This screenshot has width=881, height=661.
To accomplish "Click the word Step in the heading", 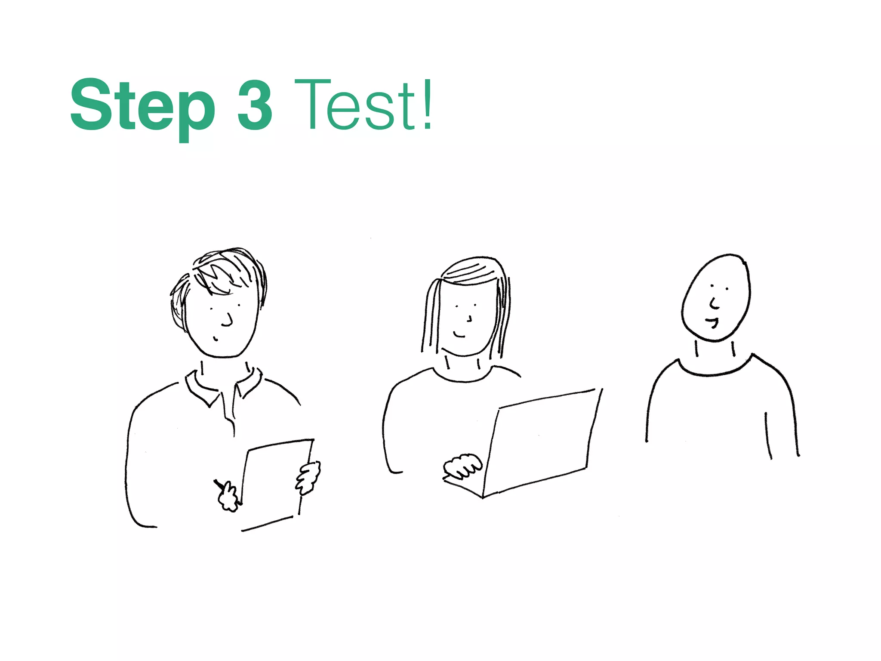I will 142,105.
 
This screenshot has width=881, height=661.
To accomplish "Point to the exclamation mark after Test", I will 427,105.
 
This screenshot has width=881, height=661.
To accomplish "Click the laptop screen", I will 544,439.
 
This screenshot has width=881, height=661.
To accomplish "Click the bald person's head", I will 716,297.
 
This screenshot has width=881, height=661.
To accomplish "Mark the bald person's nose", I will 714,303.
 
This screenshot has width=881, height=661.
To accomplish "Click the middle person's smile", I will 459,334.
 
